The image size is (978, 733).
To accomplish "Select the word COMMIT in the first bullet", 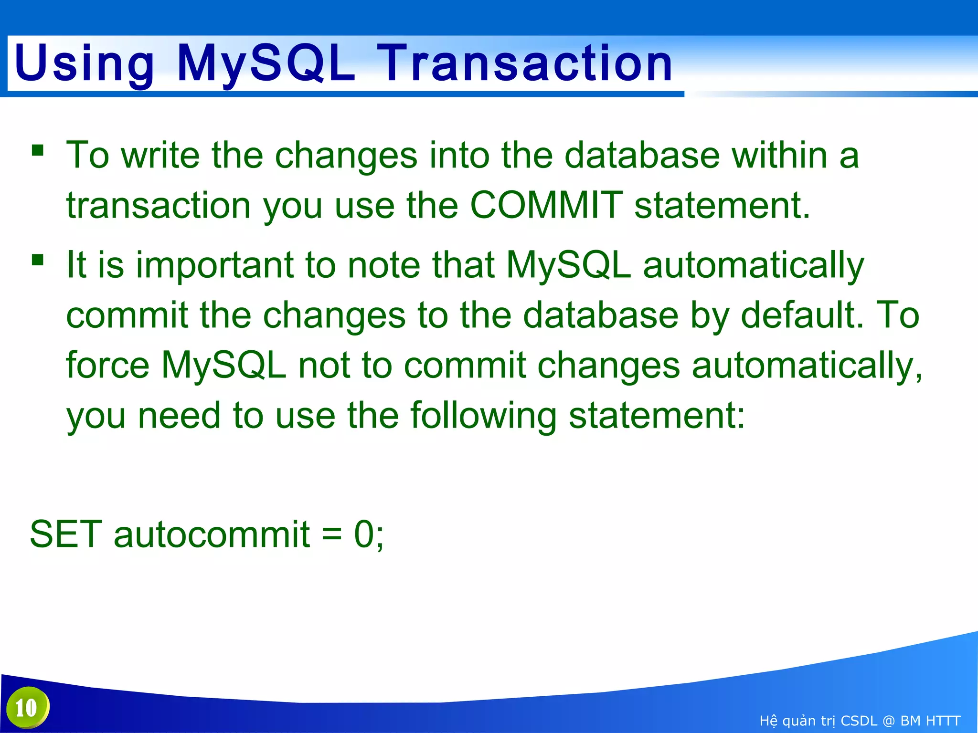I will (546, 205).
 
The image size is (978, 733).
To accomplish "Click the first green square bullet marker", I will (38, 151).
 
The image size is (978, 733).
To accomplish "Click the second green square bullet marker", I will (38, 260).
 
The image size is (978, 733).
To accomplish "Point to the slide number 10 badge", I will (27, 708).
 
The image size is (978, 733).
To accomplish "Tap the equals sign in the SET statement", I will (332, 534).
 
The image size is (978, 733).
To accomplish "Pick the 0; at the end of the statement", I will (369, 534).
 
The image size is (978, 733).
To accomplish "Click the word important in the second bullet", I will (214, 265).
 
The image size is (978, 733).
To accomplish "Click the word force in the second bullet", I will (107, 365).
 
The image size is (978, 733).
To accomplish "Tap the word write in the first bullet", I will (160, 155).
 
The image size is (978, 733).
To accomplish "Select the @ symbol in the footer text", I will (888, 721).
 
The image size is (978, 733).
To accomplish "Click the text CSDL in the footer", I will (859, 721).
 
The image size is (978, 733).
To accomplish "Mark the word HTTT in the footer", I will (943, 721).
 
